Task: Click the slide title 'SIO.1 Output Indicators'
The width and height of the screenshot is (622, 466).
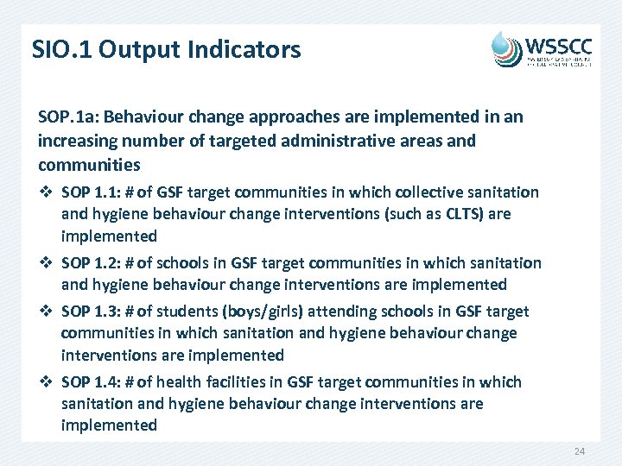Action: click(x=166, y=49)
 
